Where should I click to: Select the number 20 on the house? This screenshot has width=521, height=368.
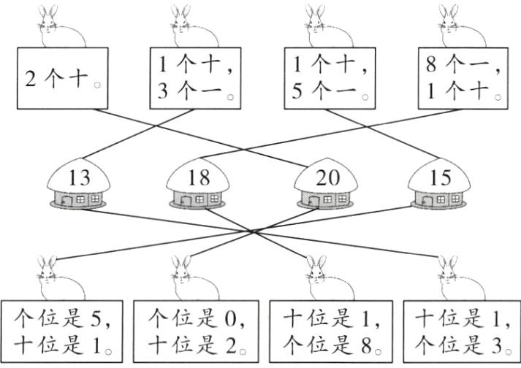(x=326, y=178)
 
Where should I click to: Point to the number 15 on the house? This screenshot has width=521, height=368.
(x=441, y=178)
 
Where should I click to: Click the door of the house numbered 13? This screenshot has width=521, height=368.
(x=67, y=199)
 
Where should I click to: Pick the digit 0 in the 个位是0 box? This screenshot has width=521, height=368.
(x=223, y=319)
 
